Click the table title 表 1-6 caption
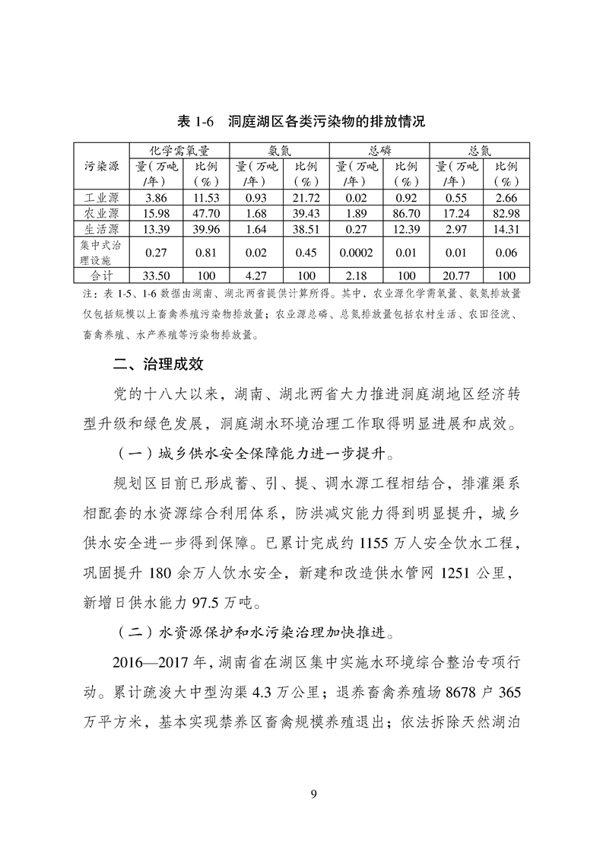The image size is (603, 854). click(300, 122)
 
